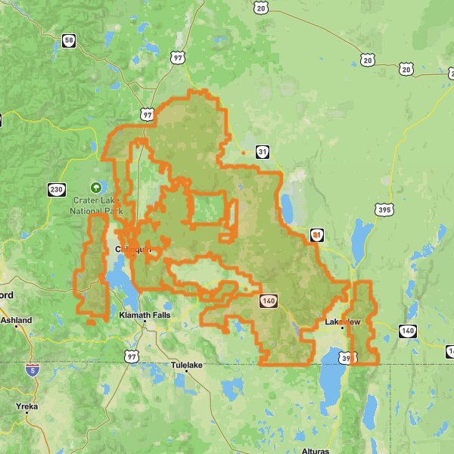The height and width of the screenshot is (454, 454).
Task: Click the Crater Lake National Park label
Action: coord(96,206)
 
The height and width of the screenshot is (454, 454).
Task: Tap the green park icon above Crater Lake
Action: coord(96,186)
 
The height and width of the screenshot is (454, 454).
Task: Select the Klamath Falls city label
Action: coord(145,315)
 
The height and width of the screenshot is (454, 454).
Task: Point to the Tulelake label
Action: coord(188,365)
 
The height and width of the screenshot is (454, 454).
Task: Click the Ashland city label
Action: coord(16,321)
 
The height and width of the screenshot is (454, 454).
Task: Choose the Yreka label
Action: coord(26,406)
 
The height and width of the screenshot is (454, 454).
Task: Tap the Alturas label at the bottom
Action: coord(314,451)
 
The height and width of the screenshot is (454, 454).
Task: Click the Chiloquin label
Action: coord(133,249)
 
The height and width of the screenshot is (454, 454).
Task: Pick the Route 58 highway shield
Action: coord(70,41)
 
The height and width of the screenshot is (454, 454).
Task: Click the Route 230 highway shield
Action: coord(56,189)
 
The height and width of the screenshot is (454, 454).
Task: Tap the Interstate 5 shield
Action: coord(32,369)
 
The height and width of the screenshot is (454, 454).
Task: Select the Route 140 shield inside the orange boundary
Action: coord(268,301)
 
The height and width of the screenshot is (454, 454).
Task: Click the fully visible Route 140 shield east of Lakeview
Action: coord(408,331)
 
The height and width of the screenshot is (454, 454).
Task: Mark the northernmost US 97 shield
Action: coord(178,58)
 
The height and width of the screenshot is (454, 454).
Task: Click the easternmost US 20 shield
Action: coord(407,69)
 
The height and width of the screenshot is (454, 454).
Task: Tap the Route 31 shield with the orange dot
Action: coord(315,235)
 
